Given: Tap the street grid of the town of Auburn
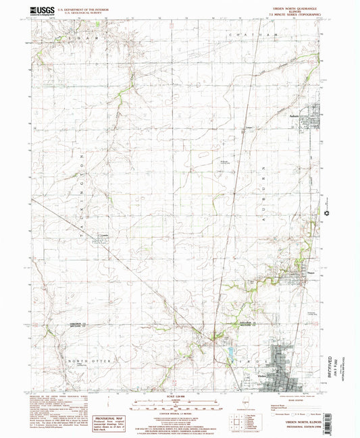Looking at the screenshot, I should (x=313, y=118).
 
